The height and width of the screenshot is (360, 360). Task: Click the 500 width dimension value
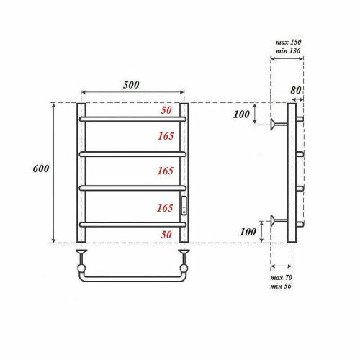coord(131,84)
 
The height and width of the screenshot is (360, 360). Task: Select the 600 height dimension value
coord(41,168)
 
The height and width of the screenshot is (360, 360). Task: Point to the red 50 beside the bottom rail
coord(166,235)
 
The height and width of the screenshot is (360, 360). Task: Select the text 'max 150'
coord(288,42)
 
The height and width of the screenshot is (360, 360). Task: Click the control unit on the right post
coord(184,206)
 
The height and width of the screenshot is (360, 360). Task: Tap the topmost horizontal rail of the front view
coord(132,118)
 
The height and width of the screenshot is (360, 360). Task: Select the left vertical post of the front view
coord(81,173)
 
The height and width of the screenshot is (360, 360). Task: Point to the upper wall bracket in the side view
coord(276,123)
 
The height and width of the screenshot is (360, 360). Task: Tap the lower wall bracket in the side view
coord(276,220)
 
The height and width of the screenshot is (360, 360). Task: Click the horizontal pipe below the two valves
coord(133,276)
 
